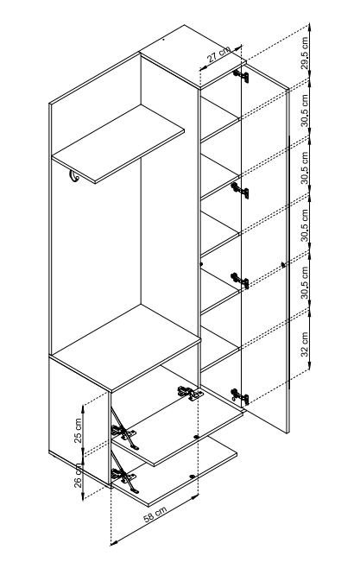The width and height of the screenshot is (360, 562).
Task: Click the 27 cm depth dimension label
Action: [219, 54]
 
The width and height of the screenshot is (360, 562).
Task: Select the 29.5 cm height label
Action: [305, 53]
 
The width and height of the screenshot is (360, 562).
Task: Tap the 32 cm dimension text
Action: [305, 344]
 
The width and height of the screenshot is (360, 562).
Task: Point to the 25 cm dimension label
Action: [79, 430]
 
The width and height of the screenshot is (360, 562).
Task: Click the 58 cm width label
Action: [155, 515]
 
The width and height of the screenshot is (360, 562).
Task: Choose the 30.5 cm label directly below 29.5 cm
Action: [305, 111]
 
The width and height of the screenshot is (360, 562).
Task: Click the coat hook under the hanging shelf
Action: [73, 177]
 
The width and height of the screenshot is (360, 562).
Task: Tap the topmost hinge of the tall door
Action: [241, 75]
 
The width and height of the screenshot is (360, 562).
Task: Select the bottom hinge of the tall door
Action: [240, 395]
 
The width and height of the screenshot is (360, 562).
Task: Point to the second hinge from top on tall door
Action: [240, 190]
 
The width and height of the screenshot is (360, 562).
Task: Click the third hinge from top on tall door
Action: [240, 281]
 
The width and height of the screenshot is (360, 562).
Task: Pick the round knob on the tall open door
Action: [284, 265]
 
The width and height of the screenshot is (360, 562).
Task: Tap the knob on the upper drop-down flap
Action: [196, 437]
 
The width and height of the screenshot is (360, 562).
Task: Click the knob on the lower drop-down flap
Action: [193, 477]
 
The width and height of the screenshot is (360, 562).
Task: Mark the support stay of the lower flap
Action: [123, 474]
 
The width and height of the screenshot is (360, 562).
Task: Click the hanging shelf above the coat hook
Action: [118, 144]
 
